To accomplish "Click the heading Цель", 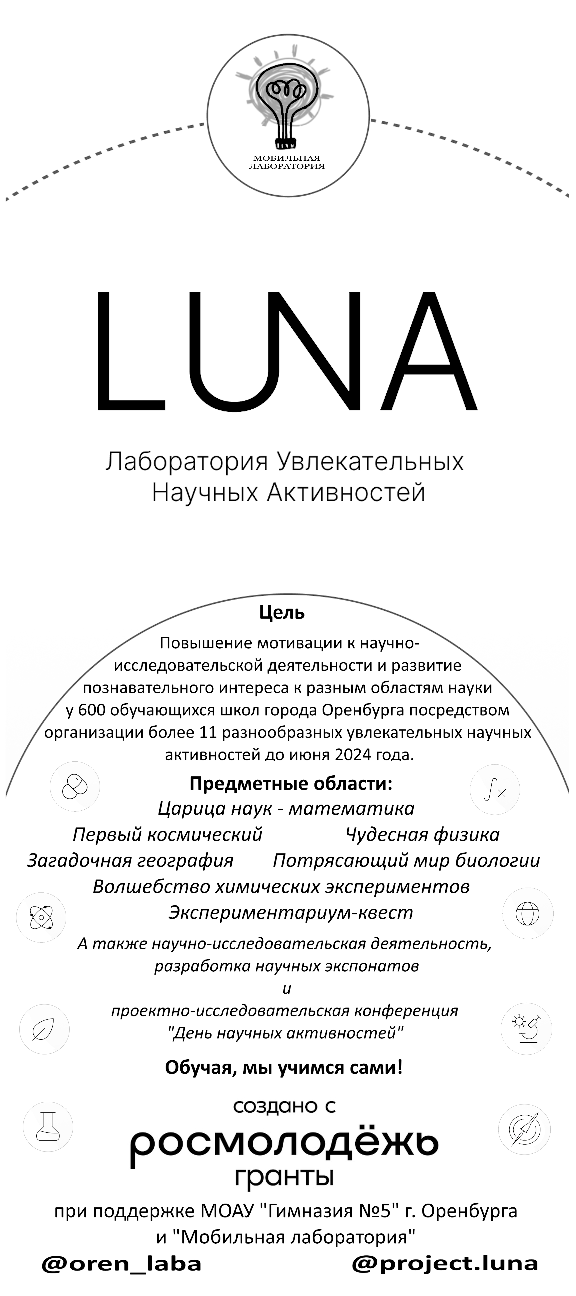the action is click(282, 613).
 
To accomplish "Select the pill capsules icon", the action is click(75, 786).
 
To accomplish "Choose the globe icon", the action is click(528, 913).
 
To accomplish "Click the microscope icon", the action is click(526, 1029).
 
